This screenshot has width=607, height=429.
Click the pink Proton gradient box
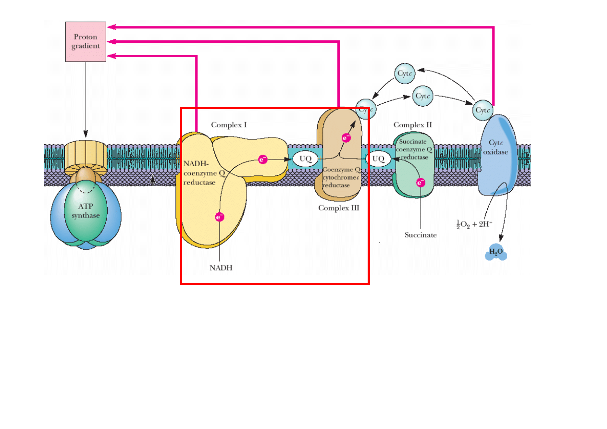click(x=86, y=42)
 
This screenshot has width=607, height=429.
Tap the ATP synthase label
click(x=86, y=211)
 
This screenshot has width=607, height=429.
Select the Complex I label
click(x=229, y=125)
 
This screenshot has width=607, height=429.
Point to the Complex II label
click(x=412, y=125)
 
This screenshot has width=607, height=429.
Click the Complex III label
click(x=338, y=208)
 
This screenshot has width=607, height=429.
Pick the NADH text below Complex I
click(x=221, y=268)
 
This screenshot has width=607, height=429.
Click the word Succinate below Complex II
click(x=421, y=235)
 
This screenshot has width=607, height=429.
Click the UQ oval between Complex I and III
click(x=305, y=159)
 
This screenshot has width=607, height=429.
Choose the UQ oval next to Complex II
click(x=379, y=159)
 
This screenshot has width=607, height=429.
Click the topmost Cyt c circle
click(x=405, y=74)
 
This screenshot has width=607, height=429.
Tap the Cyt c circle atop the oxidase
click(x=483, y=110)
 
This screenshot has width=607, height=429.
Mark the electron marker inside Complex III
click(x=346, y=138)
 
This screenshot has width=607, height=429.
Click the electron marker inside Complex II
click(x=421, y=183)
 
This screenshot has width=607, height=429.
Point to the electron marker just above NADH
click(x=220, y=217)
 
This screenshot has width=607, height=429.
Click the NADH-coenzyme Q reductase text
click(x=199, y=173)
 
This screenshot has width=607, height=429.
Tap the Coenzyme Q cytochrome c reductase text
click(x=341, y=178)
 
